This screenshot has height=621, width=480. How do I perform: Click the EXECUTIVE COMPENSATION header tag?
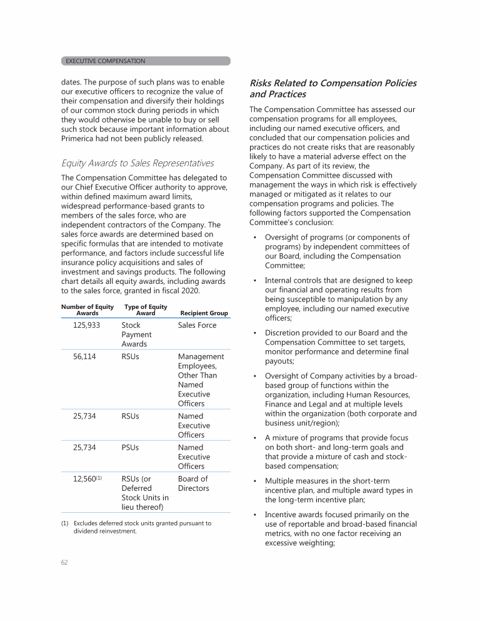[105, 61]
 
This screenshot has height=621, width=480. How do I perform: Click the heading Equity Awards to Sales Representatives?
[137, 163]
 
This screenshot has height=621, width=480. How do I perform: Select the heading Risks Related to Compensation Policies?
[332, 88]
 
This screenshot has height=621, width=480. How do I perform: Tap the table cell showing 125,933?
[87, 325]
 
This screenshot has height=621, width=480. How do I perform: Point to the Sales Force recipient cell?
[197, 325]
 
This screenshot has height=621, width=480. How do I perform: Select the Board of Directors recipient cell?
[193, 483]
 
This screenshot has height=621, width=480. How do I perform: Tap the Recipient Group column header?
[204, 313]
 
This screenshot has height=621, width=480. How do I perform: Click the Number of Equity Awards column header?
[87, 310]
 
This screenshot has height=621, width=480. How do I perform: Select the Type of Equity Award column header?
[146, 310]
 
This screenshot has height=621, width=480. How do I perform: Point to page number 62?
[64, 562]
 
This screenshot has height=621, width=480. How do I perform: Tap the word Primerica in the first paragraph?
[81, 138]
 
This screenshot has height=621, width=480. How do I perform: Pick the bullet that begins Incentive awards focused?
[341, 529]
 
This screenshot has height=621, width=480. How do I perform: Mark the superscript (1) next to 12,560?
[99, 478]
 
